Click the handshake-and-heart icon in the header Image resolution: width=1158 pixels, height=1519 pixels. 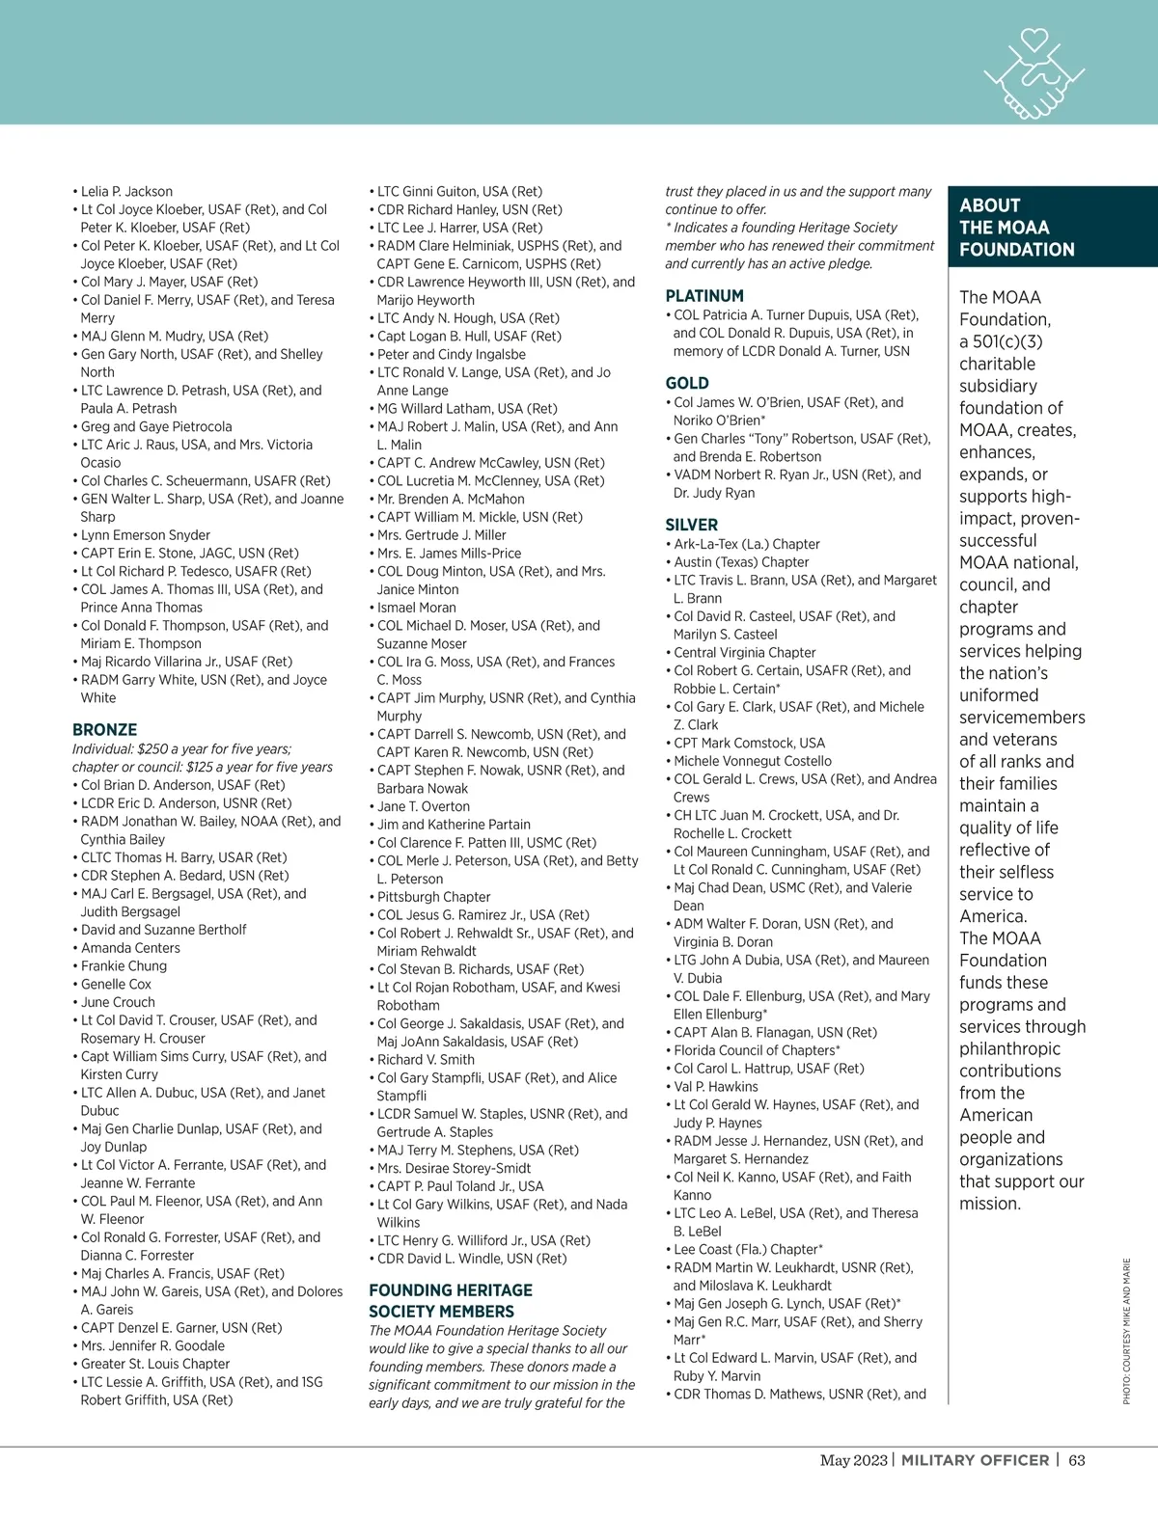tap(1032, 75)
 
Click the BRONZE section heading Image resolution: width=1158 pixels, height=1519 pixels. tap(105, 730)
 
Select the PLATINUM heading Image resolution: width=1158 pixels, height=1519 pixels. tap(704, 296)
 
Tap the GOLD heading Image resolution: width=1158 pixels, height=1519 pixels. tap(687, 383)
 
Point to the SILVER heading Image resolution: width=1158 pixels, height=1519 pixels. tap(692, 525)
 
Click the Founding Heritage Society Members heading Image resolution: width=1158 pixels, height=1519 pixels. tap(451, 1300)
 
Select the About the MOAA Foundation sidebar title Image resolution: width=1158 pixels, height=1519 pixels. tap(1017, 228)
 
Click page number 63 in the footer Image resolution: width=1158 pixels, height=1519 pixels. tap(1077, 1460)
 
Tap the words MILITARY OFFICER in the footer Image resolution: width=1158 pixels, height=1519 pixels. tap(975, 1460)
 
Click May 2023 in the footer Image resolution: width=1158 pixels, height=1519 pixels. tap(853, 1460)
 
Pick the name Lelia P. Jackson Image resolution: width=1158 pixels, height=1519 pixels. tap(126, 191)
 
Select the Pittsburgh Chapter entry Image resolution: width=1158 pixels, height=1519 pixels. tap(433, 897)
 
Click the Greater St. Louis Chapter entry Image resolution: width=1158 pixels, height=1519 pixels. tap(155, 1364)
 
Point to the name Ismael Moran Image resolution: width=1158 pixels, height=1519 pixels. tap(416, 608)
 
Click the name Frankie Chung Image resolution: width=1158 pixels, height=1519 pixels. tap(124, 966)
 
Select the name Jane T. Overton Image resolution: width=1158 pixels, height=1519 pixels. tap(424, 806)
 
